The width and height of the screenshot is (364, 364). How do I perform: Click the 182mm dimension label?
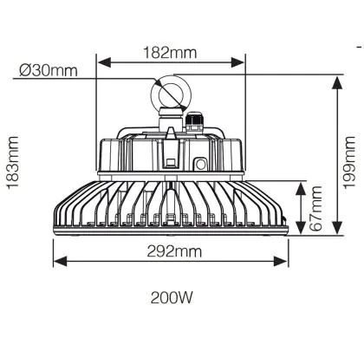tap(171, 53)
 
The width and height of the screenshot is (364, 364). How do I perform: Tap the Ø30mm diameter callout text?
tap(49, 70)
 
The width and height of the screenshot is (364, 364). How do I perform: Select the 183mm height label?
tap(13, 163)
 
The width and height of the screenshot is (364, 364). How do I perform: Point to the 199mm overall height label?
tap(349, 162)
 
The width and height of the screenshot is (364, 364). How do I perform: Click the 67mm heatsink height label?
tap(315, 208)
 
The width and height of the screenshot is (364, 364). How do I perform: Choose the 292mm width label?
tap(174, 251)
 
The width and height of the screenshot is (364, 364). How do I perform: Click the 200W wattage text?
tap(172, 297)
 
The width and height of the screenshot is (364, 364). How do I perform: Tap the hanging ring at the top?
tap(152, 93)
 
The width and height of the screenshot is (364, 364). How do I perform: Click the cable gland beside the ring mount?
tap(194, 123)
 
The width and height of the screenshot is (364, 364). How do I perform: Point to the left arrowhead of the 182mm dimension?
tap(105, 62)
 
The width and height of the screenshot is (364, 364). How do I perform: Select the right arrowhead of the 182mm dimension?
tap(237, 62)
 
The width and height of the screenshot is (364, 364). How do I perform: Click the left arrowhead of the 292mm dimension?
tap(61, 261)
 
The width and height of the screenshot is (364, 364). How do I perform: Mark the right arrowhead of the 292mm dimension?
tap(280, 261)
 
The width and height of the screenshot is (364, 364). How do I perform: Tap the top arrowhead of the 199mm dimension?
tap(336, 83)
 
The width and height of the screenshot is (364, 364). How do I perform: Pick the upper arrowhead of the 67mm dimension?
tap(301, 189)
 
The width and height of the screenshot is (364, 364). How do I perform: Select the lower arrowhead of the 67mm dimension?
tap(301, 228)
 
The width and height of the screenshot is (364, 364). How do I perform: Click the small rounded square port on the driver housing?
tap(200, 165)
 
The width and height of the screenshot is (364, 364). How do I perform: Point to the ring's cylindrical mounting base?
tap(171, 118)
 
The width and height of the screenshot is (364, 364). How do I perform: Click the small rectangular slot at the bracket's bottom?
tap(171, 162)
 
